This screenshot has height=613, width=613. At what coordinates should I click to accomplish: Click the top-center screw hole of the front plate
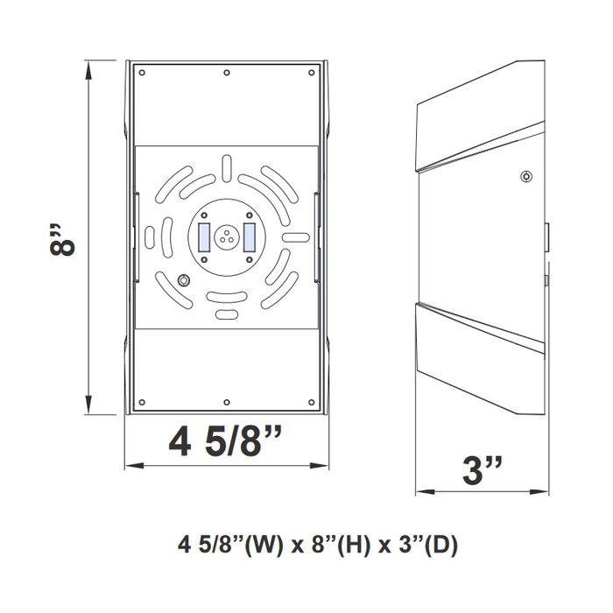(x=227, y=73)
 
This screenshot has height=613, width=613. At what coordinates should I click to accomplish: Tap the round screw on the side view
(x=525, y=176)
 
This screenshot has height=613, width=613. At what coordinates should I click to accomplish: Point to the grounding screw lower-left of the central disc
(x=184, y=280)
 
